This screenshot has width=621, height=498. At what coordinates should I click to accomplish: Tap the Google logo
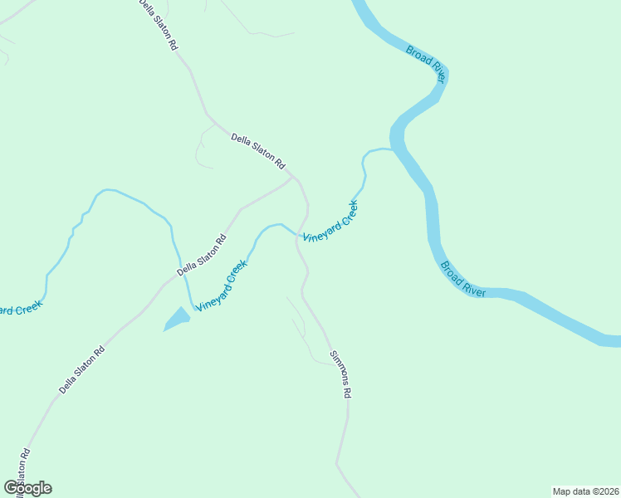click(27, 488)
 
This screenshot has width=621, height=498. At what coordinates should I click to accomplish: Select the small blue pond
click(177, 319)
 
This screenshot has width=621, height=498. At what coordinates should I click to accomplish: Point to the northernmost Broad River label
click(427, 64)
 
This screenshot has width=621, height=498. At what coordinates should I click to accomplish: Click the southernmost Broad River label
click(463, 280)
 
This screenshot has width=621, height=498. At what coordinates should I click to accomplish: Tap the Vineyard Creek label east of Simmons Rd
click(330, 221)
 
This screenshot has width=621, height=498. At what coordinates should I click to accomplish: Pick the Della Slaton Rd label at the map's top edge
click(158, 26)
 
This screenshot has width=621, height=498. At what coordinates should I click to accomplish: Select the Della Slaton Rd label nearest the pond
click(202, 256)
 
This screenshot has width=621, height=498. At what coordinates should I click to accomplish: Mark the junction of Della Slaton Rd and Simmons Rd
click(293, 178)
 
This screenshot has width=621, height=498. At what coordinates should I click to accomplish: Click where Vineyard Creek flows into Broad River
click(392, 150)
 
